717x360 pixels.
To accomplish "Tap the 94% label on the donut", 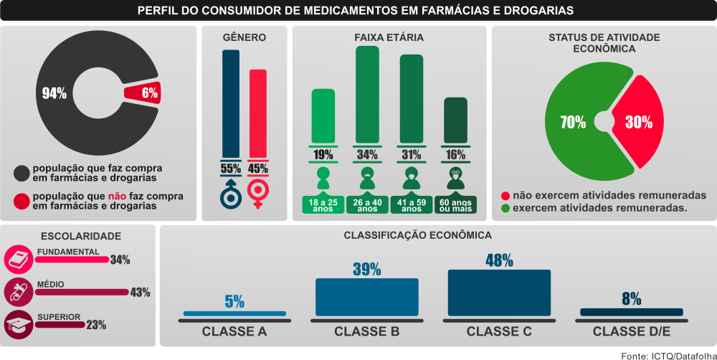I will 54,93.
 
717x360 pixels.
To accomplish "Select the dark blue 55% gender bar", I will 230,104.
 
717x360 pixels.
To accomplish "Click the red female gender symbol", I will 257,192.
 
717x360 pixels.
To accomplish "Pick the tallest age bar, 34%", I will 368,93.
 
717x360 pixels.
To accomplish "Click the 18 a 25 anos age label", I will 323,205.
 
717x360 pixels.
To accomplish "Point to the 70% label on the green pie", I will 573,122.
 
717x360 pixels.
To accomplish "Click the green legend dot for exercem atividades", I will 505,208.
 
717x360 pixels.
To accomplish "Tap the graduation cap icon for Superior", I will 17,324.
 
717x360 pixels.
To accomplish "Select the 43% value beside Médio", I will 139,292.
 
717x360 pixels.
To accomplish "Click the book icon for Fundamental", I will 17,258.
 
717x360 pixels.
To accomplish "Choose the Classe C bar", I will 499,293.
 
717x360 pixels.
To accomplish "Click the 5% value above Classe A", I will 234,302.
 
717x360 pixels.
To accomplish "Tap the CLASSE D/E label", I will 631,332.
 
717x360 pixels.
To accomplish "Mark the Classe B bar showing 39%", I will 366,297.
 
